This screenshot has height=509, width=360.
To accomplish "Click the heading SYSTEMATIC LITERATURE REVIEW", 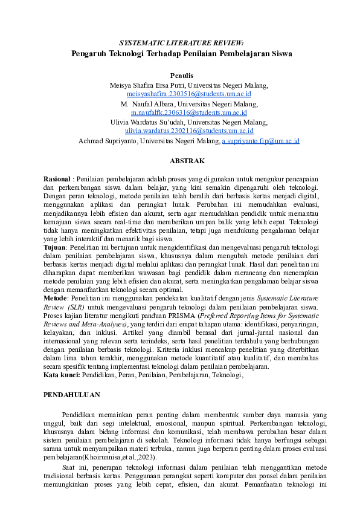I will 181,43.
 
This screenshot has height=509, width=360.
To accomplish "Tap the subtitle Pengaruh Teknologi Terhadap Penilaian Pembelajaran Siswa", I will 181,53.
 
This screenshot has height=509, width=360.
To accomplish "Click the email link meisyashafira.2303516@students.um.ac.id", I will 189,94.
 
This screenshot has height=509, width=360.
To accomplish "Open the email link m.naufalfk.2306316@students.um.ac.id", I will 189,113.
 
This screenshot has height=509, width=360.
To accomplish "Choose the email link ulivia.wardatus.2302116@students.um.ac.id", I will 189,131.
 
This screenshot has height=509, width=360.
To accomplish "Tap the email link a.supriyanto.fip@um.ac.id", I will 261,141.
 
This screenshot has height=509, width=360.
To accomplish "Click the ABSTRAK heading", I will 187,161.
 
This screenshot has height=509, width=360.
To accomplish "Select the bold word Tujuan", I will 55,248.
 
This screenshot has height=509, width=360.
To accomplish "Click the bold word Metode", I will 55,299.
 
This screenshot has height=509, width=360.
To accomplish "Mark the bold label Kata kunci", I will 63,375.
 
